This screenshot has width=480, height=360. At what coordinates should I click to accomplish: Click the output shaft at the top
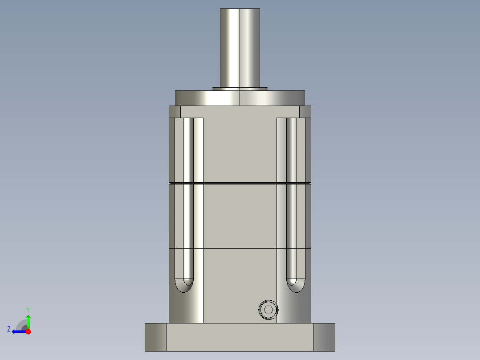[240, 47]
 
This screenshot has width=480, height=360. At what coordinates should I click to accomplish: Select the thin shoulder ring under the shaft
[240, 89]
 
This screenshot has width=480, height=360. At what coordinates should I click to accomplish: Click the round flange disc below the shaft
[240, 98]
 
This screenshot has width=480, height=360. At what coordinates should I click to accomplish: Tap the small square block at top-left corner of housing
[175, 111]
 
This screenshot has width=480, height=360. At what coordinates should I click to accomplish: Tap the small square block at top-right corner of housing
[305, 111]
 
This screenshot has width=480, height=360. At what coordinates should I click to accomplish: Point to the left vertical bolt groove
[188, 196]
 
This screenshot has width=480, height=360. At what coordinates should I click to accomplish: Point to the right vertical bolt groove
[291, 196]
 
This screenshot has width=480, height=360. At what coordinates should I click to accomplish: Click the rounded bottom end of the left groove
[184, 286]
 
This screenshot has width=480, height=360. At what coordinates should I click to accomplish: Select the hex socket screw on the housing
[268, 310]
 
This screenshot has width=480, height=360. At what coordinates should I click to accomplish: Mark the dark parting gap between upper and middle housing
[240, 183]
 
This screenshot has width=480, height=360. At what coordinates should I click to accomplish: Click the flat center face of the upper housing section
[240, 147]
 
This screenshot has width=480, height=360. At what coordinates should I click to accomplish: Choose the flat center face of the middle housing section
[240, 216]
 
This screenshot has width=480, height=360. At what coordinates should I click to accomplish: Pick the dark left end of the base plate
[155, 337]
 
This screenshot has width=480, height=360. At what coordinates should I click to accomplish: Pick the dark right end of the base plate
[324, 337]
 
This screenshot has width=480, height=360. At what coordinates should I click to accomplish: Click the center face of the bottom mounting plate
[240, 337]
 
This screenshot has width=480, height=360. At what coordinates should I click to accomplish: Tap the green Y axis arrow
[28, 320]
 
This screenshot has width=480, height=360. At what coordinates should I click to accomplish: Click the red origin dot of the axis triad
[28, 331]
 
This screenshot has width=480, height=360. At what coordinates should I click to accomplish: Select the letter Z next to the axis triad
[9, 329]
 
